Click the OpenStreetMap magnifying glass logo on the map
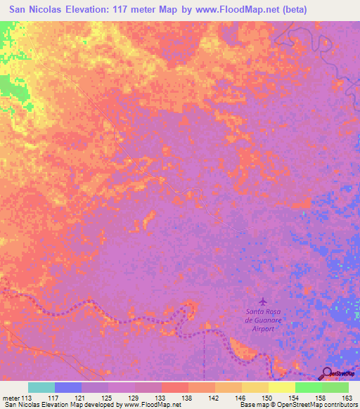pos(328,373)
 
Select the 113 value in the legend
pos(27,397)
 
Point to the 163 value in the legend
pos(347,397)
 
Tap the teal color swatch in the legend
pos(41,387)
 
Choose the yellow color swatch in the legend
pos(281,387)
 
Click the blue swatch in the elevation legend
pos(67,387)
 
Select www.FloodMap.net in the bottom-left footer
pos(153,405)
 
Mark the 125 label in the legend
pos(108,397)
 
